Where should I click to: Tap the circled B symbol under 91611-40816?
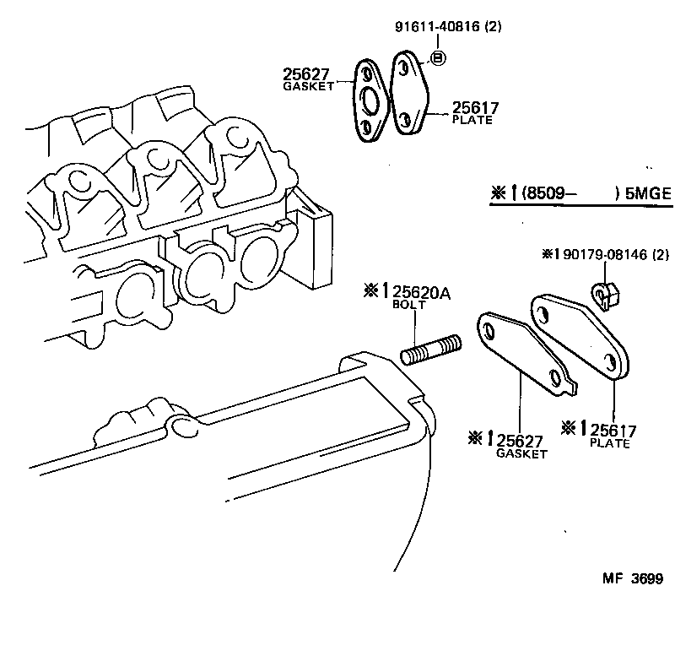click(438, 57)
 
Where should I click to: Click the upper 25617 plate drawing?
click(413, 95)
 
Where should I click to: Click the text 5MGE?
click(648, 193)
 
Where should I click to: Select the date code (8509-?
click(549, 193)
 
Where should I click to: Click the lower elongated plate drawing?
click(580, 334)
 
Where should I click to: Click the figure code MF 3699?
click(632, 578)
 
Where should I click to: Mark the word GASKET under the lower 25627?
click(521, 453)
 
